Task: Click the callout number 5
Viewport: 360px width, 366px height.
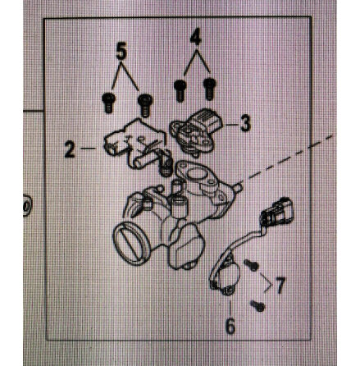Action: (121, 50)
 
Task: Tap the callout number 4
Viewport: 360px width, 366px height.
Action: (194, 37)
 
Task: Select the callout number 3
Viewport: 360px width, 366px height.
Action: (245, 124)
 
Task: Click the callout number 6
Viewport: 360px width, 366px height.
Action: (230, 327)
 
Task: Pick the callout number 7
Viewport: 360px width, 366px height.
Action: (280, 286)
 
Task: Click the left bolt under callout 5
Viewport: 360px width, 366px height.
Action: (107, 103)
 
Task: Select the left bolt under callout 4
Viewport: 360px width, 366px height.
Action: (180, 89)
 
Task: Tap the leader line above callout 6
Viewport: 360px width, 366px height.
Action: (230, 305)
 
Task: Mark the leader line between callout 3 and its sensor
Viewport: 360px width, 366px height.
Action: (230, 126)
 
